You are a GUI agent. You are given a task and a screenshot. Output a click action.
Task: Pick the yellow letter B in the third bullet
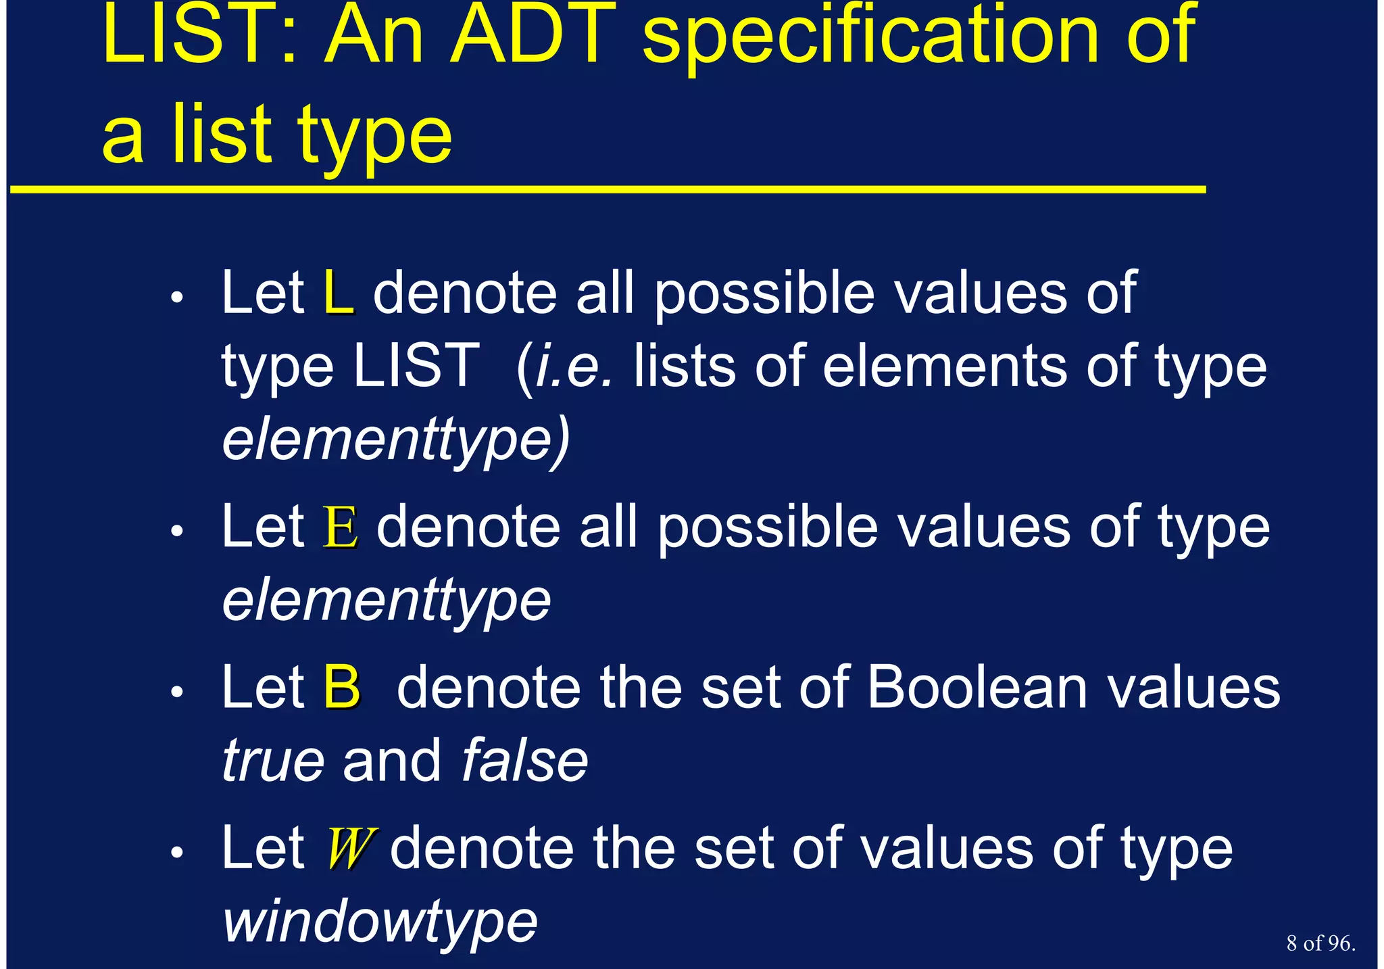click(341, 688)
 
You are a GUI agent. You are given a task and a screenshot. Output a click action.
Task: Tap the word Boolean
click(977, 688)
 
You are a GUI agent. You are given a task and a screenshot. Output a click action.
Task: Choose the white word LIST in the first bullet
click(416, 367)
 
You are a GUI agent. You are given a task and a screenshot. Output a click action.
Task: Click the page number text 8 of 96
click(1320, 943)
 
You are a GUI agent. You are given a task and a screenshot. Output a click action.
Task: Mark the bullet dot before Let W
click(177, 853)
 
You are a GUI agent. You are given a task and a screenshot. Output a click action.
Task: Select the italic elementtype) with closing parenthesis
click(396, 441)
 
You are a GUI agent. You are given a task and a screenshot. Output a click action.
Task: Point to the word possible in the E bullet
click(768, 529)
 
